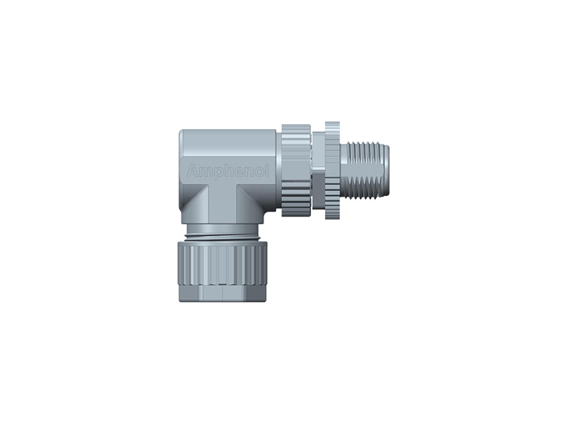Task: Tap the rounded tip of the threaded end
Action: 386,170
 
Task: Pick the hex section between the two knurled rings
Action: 318,169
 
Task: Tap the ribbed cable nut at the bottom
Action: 223,261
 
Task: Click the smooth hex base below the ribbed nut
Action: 223,293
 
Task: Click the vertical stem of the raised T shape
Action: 224,204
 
